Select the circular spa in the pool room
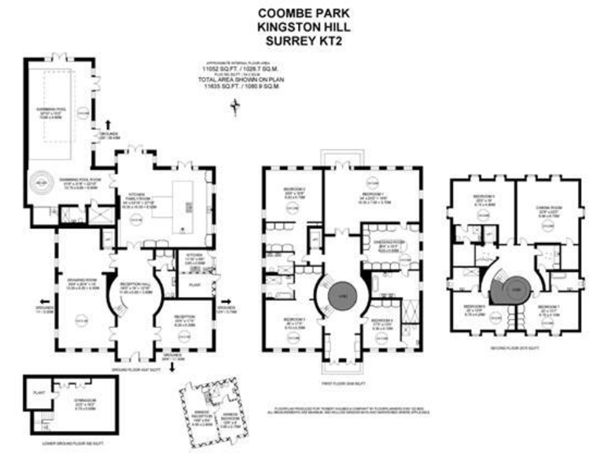[40, 182]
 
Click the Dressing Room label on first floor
[389, 244]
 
